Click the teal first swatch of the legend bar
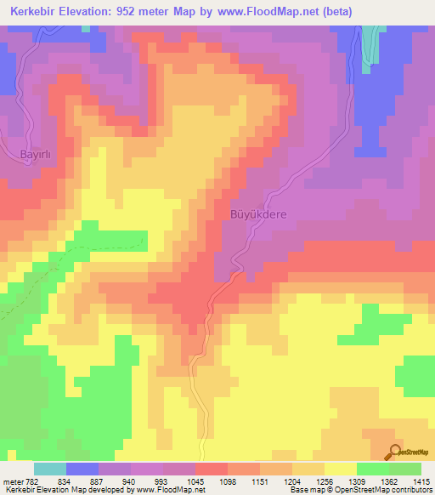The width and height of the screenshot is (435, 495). [50, 469]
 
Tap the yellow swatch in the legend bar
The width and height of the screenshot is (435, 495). [340, 469]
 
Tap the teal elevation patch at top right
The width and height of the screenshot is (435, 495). [370, 43]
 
